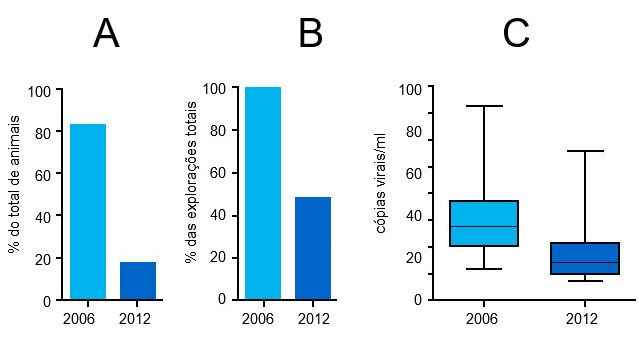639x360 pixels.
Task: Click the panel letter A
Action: [106, 35]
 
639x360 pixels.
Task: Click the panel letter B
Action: [310, 35]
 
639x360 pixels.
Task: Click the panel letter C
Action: [516, 35]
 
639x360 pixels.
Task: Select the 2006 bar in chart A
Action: [88, 211]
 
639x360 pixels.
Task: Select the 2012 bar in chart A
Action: [138, 280]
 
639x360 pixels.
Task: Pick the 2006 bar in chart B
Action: [263, 193]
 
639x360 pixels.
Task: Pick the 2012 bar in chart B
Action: [313, 248]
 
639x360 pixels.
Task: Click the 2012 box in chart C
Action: [585, 258]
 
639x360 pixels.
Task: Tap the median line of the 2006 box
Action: [484, 227]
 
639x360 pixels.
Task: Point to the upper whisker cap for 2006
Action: [484, 106]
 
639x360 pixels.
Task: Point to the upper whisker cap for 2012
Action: [585, 151]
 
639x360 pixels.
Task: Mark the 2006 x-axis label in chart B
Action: [259, 319]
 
